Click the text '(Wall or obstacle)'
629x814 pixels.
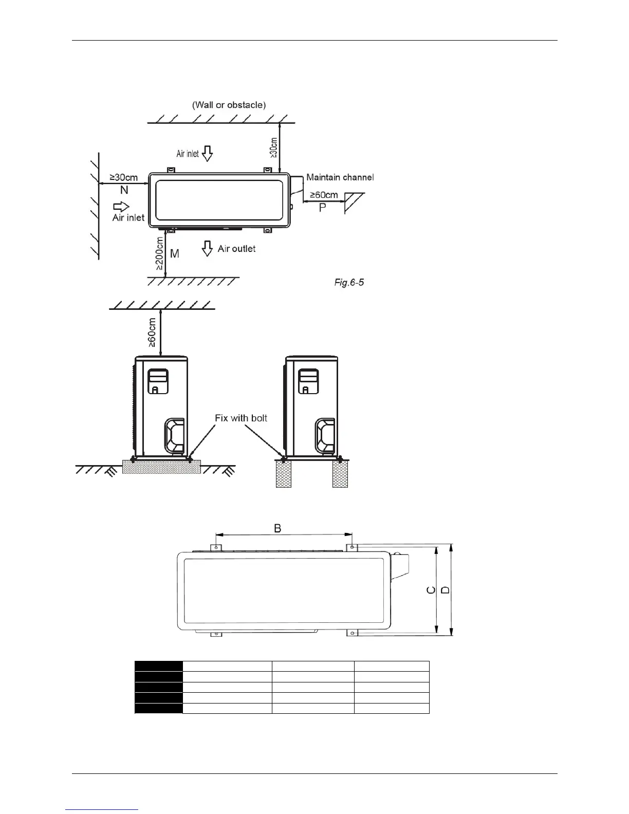click(x=229, y=105)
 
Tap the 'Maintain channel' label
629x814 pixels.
click(x=340, y=177)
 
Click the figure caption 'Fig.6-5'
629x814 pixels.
click(x=349, y=283)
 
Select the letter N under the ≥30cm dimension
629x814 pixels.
click(x=124, y=190)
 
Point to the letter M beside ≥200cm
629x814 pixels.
click(x=175, y=253)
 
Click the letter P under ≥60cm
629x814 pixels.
click(x=322, y=208)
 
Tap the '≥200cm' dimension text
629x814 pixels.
click(x=159, y=253)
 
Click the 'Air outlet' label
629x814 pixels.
click(x=236, y=249)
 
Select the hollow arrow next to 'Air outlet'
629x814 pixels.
click(x=207, y=248)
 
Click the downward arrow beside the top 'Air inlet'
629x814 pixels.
click(x=207, y=154)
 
